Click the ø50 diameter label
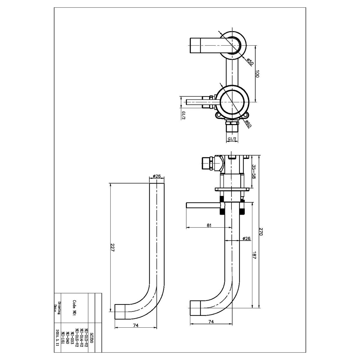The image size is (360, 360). tap(249, 61)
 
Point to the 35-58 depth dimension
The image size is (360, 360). tap(254, 172)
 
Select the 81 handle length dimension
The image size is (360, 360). tap(209, 225)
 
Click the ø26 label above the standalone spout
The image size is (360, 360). tap(156, 176)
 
